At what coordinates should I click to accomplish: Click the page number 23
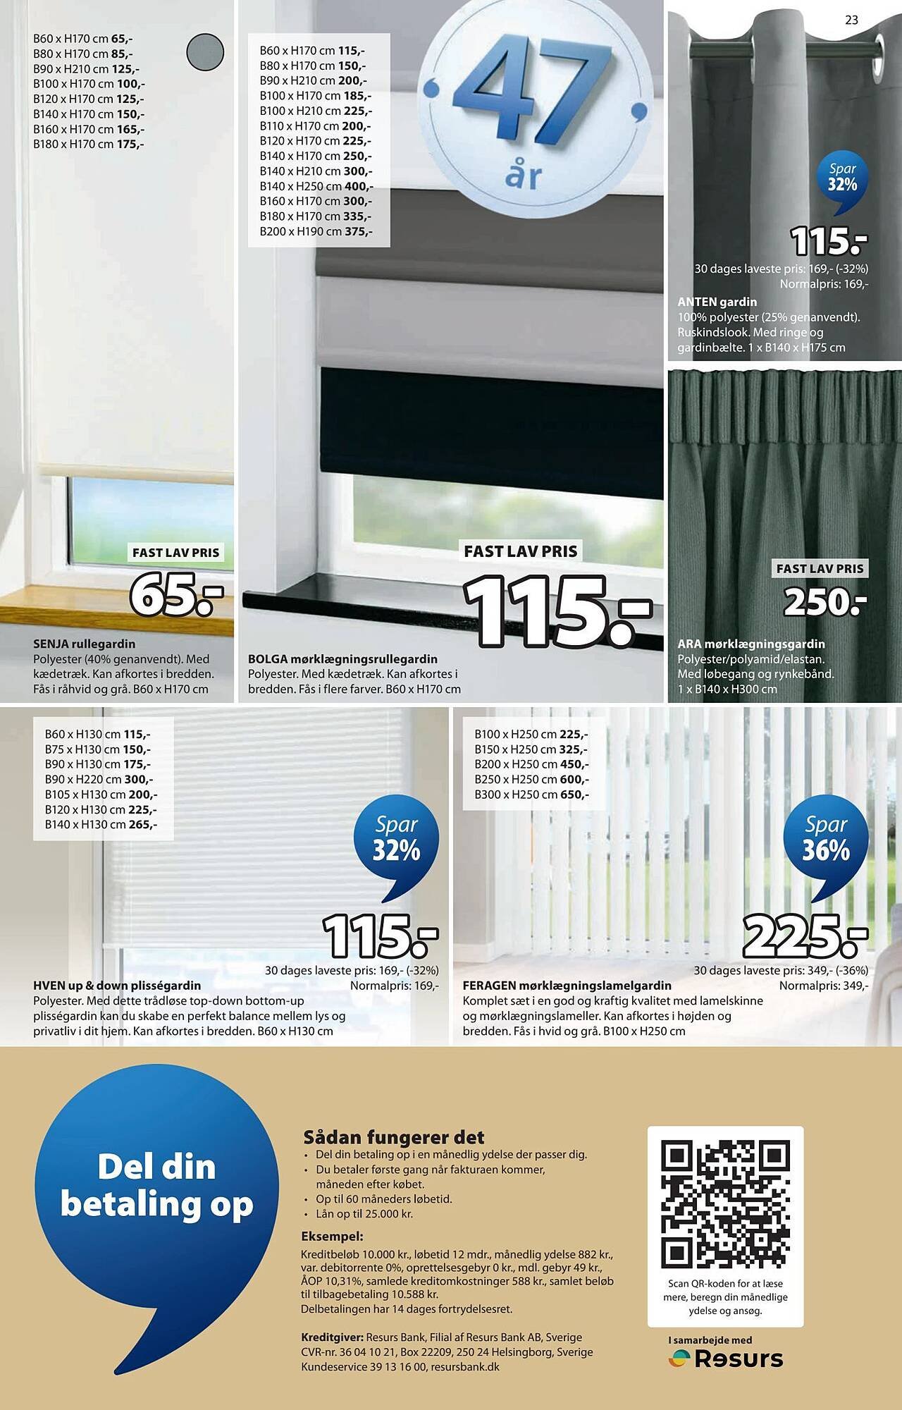click(x=851, y=20)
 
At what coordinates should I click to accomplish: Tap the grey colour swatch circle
click(x=205, y=51)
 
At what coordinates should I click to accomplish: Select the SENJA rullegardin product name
click(x=84, y=644)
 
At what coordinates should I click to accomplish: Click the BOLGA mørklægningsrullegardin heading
click(x=342, y=658)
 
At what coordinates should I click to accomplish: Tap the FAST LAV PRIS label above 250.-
click(x=820, y=568)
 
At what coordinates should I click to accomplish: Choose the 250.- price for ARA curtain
click(x=825, y=601)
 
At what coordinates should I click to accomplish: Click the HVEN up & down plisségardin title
click(x=117, y=985)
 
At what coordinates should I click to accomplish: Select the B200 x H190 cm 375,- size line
click(x=316, y=231)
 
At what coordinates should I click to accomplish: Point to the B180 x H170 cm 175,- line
click(x=89, y=144)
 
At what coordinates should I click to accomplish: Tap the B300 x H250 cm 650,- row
click(x=531, y=795)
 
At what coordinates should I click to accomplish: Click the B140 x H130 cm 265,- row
click(x=101, y=824)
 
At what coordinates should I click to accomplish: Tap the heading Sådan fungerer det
click(x=394, y=1137)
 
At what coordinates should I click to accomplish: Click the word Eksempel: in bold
click(x=332, y=1236)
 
